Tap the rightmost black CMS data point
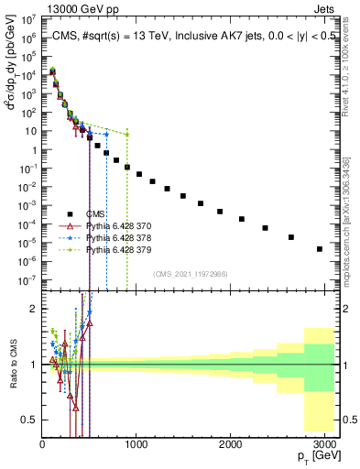point(319,248)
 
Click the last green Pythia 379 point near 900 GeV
point(127,135)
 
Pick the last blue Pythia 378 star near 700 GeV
point(106,135)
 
